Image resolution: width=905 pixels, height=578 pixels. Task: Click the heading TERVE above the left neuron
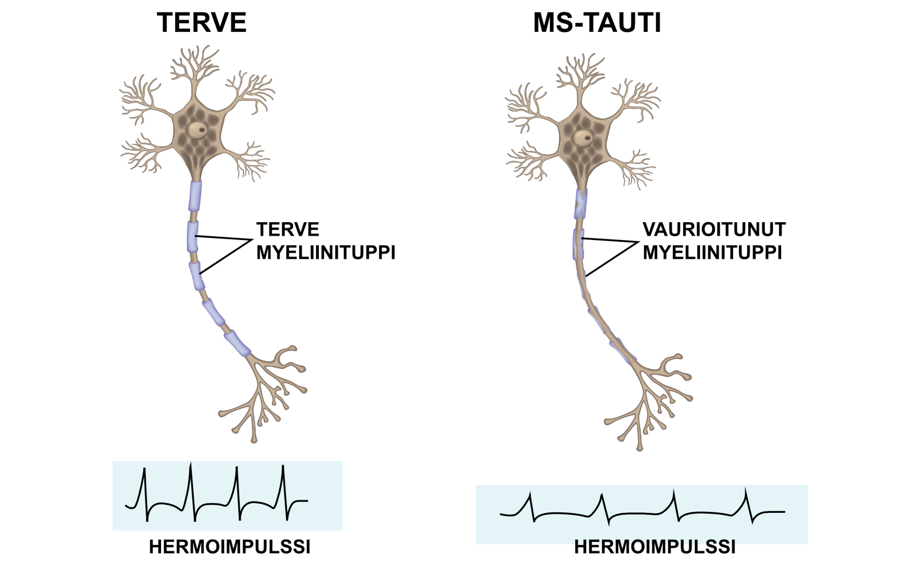201,23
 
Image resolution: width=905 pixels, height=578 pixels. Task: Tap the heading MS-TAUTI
597,23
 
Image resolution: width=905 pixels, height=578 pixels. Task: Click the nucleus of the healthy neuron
197,129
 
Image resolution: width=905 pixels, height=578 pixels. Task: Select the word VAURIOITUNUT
714,230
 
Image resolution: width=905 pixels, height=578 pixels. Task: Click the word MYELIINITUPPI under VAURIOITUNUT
712,252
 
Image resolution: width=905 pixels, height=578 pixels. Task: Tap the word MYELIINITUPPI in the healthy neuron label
325,252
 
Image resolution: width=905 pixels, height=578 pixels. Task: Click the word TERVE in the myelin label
288,230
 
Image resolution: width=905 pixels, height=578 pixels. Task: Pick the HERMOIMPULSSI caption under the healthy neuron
229,547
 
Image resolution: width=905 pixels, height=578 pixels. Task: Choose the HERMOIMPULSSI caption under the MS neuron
655,547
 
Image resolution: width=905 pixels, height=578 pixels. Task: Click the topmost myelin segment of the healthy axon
195,196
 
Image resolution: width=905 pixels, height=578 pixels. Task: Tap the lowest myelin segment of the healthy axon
238,343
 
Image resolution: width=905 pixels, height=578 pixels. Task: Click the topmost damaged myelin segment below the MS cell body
581,204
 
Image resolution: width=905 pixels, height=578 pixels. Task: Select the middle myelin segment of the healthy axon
197,274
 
